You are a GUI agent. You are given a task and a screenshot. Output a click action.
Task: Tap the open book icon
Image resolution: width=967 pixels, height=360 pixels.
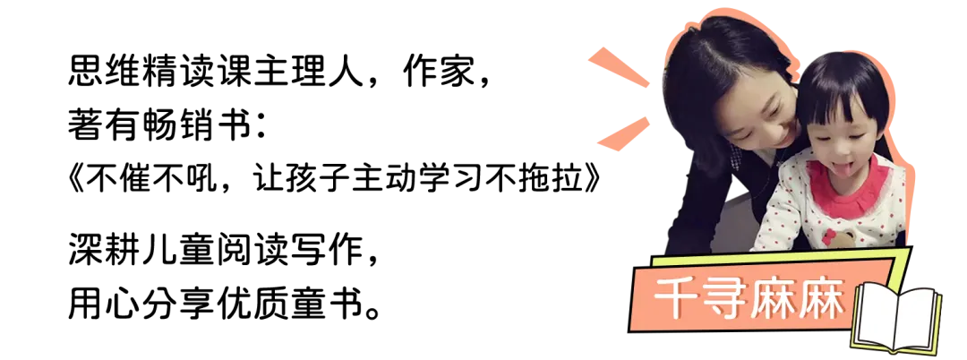click(896, 319)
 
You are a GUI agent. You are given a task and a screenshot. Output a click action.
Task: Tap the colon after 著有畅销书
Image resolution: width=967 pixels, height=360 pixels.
click(261, 126)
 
